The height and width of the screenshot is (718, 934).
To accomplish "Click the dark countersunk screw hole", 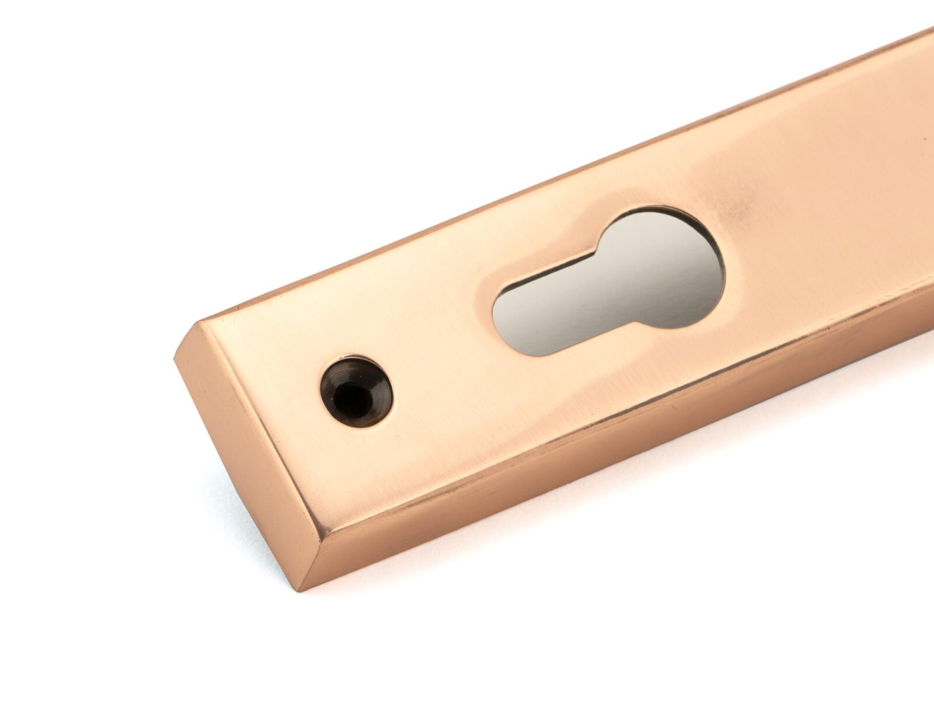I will pyautogui.click(x=356, y=391).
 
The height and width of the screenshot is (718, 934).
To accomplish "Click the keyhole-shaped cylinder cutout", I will pyautogui.click(x=607, y=280).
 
